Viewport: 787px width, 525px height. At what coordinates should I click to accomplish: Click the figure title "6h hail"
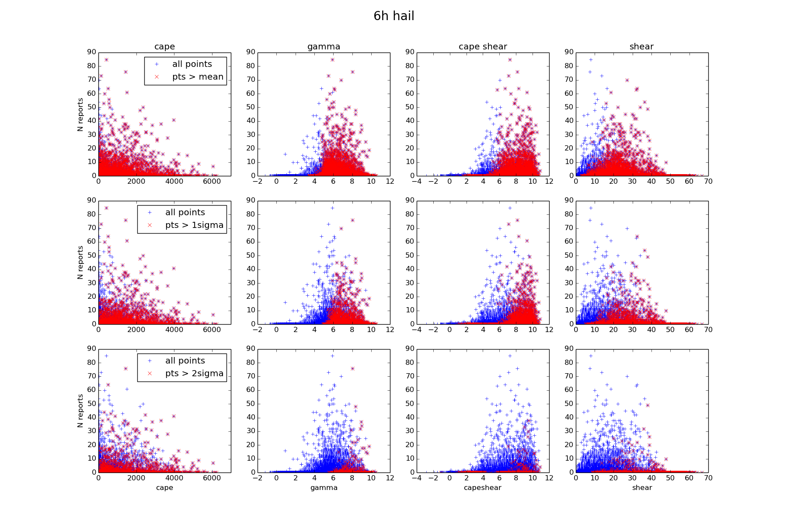click(x=393, y=16)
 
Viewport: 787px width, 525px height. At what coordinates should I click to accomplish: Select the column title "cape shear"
click(x=483, y=47)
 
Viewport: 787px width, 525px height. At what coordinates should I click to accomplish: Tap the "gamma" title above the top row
click(x=324, y=47)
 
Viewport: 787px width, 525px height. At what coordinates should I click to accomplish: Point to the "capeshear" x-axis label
click(x=483, y=488)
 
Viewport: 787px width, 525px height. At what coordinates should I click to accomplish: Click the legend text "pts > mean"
click(x=198, y=77)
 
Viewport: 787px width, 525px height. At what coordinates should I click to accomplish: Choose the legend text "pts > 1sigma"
click(x=194, y=225)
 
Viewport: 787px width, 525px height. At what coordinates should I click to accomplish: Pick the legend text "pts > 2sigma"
click(x=194, y=374)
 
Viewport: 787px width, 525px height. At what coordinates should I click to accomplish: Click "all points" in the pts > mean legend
click(x=192, y=64)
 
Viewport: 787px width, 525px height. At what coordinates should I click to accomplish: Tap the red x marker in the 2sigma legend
click(x=150, y=374)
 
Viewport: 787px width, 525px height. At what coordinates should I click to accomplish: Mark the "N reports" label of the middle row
click(x=80, y=262)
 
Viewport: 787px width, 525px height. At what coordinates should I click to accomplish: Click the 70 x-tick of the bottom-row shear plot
click(x=708, y=478)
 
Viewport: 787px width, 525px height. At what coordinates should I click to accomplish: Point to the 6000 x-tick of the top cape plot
click(x=212, y=181)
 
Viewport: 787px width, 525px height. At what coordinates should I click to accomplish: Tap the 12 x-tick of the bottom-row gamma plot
click(x=390, y=478)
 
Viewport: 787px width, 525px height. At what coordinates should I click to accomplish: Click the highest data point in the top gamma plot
click(x=332, y=59)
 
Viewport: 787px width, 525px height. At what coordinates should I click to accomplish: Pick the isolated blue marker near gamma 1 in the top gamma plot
click(x=285, y=154)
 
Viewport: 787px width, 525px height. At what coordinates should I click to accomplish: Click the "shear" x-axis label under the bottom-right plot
click(x=642, y=488)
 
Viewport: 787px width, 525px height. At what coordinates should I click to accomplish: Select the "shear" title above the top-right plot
click(x=641, y=47)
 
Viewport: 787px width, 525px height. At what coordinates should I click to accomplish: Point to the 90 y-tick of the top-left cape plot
click(x=92, y=52)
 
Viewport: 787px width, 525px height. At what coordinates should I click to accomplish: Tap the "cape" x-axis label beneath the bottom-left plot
click(x=164, y=488)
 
